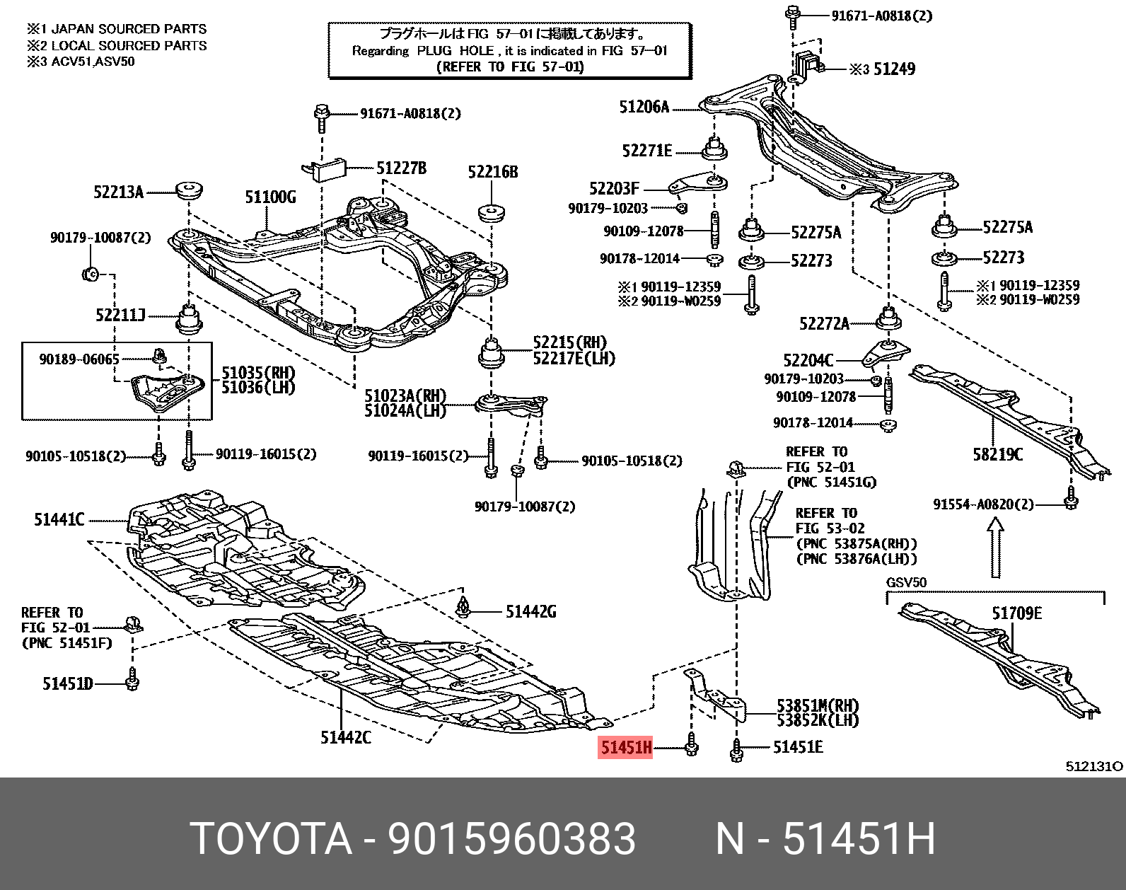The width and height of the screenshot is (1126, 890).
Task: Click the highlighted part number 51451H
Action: (x=625, y=747)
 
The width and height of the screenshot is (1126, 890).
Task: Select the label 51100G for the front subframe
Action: (x=270, y=197)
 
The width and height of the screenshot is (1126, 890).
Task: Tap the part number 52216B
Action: (x=493, y=172)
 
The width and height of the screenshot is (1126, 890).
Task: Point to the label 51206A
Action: (x=644, y=107)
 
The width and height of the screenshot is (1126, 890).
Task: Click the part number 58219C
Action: (x=997, y=454)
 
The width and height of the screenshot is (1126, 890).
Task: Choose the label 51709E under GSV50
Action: (x=1016, y=613)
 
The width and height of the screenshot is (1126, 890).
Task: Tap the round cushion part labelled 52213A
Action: (x=190, y=191)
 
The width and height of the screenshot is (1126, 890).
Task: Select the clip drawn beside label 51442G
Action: (x=463, y=607)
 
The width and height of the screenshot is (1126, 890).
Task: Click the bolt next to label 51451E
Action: (x=736, y=750)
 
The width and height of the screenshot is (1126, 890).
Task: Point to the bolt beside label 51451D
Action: (x=132, y=681)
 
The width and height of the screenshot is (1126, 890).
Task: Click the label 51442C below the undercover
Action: (x=345, y=738)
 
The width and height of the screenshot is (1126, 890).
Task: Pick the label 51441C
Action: (x=59, y=520)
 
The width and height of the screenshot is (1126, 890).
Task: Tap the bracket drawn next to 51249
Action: (x=806, y=63)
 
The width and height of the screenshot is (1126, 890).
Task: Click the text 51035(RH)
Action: (x=258, y=372)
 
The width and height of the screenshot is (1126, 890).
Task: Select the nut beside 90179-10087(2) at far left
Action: (x=89, y=273)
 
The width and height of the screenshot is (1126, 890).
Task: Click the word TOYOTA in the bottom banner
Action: (x=270, y=839)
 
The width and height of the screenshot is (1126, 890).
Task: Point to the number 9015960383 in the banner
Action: (x=511, y=839)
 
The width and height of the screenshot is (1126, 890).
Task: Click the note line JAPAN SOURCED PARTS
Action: (x=129, y=29)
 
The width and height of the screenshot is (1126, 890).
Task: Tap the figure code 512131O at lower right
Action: (x=1093, y=766)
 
